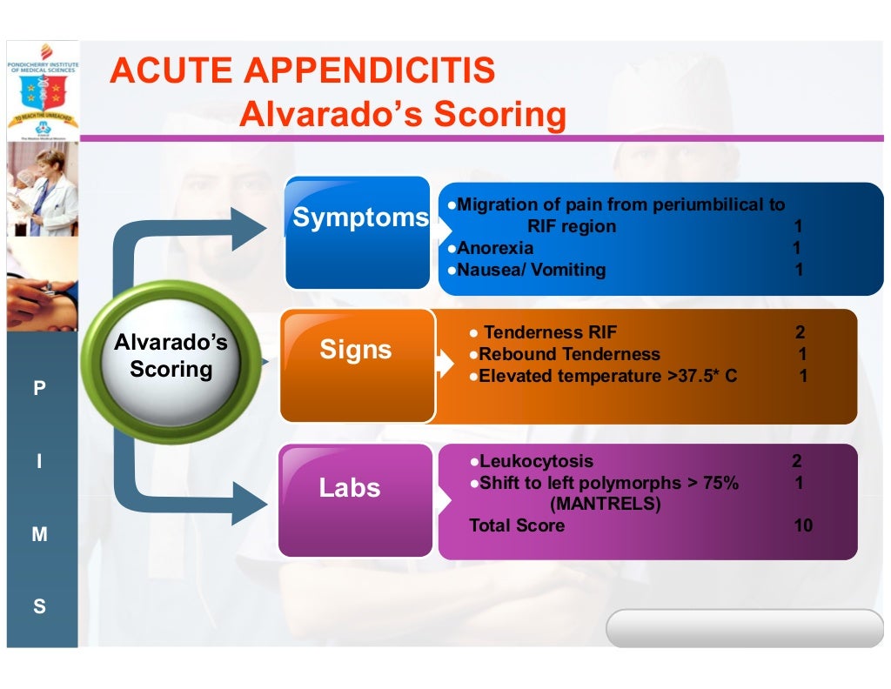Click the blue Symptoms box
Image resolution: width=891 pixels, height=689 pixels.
tap(358, 231)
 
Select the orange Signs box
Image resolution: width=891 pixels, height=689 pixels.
tap(357, 365)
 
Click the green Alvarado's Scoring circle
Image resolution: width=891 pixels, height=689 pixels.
tap(171, 357)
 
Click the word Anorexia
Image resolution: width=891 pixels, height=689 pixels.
tap(495, 248)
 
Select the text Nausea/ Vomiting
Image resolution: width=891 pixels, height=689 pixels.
tap(532, 270)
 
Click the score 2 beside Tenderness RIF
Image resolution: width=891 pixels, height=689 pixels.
tap(800, 332)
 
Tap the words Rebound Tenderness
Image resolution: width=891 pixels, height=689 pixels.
tap(569, 354)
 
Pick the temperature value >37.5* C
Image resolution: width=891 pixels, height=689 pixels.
tap(702, 377)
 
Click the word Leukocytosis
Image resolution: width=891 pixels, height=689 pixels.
tap(536, 461)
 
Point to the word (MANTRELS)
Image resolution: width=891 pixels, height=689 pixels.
tap(605, 504)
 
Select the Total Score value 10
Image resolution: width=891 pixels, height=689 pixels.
tap(802, 525)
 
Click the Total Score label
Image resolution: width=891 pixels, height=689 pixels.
tap(517, 525)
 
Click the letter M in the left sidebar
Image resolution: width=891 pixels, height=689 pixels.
tap(39, 535)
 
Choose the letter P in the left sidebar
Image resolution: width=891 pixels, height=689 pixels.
tap(39, 389)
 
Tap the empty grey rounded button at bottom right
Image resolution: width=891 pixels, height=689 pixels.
tap(744, 628)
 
